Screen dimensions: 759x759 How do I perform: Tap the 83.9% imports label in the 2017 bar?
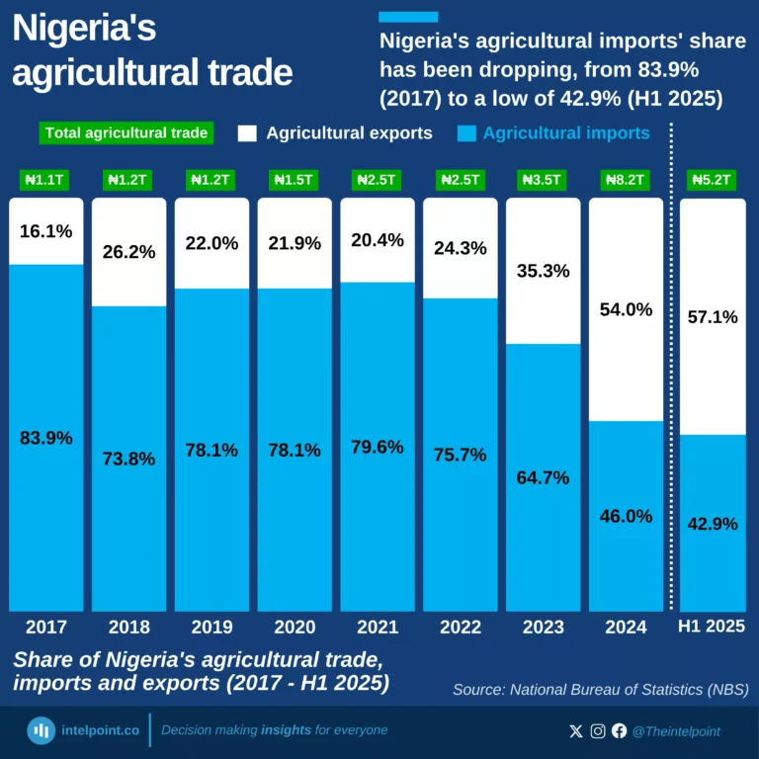[x=46, y=438]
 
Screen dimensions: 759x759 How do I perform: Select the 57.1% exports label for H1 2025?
[x=713, y=317]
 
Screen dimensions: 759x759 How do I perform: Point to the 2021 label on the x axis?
[x=378, y=627]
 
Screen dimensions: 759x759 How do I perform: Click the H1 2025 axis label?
[x=713, y=627]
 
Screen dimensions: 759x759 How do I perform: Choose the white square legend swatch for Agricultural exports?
[x=247, y=133]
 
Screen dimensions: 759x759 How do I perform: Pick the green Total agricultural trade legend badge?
[x=127, y=133]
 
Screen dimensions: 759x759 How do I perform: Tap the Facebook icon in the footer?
[x=620, y=731]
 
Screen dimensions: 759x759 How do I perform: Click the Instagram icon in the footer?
[x=598, y=731]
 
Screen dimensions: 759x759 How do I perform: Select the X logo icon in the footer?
[x=576, y=731]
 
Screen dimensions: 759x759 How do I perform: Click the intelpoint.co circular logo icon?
[x=41, y=731]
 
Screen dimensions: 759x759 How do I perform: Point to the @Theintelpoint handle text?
[x=676, y=731]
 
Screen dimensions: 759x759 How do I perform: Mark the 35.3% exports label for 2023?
[x=544, y=270]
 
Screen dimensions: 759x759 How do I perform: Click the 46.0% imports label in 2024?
[x=627, y=516]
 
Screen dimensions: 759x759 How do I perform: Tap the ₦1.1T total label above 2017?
[x=46, y=180]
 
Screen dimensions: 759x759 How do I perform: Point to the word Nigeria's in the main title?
[x=84, y=30]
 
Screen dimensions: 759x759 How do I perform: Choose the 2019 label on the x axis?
[x=212, y=627]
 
